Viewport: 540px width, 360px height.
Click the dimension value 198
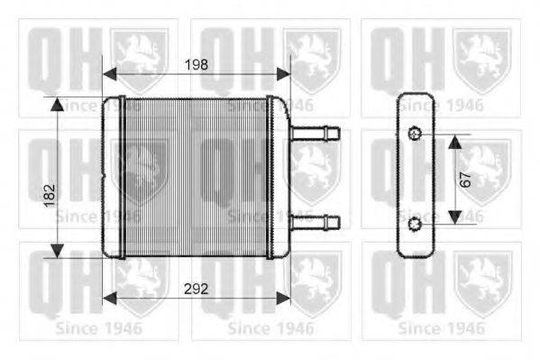(x=197, y=64)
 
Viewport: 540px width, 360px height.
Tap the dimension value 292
(x=197, y=291)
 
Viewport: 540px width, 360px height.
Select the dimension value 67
(x=464, y=178)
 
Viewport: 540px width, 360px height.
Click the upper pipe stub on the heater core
(x=316, y=134)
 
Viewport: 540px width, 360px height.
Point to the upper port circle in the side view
(x=415, y=135)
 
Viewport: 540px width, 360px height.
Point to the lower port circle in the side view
(x=415, y=223)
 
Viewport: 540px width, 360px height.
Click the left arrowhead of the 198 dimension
(x=110, y=74)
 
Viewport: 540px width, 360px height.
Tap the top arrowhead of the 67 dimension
(x=455, y=141)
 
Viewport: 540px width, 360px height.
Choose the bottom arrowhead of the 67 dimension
(x=455, y=217)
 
